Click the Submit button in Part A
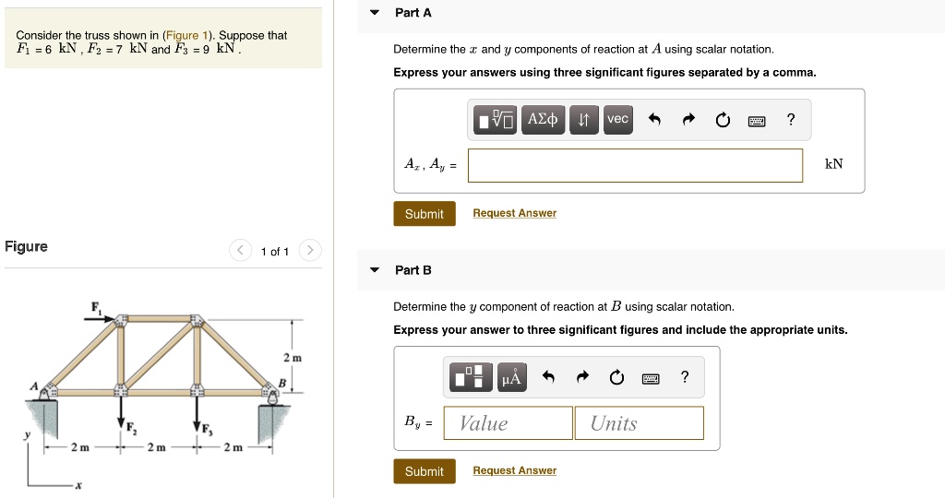click(x=424, y=214)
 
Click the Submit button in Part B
click(x=424, y=471)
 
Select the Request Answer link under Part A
click(x=514, y=213)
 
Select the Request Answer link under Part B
click(x=514, y=470)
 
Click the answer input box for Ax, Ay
click(x=635, y=165)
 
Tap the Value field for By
click(x=508, y=423)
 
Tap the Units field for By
click(x=639, y=423)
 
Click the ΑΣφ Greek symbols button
click(x=542, y=119)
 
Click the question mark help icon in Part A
click(x=790, y=119)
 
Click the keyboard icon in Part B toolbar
click(x=650, y=377)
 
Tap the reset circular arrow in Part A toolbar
click(x=722, y=120)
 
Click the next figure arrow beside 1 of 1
click(x=311, y=251)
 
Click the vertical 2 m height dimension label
click(x=292, y=357)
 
